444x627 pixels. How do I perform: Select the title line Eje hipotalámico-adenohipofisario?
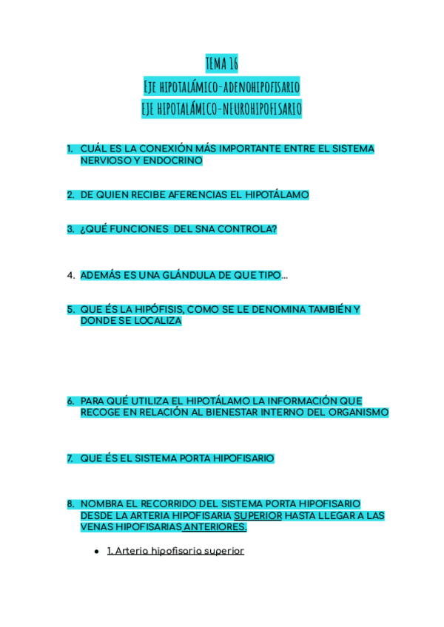(222, 87)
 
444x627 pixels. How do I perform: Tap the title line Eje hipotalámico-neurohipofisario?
(222, 109)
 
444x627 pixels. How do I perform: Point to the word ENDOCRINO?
(173, 160)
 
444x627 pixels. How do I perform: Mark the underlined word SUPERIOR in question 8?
(258, 515)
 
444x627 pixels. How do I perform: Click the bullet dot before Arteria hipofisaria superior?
(97, 552)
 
